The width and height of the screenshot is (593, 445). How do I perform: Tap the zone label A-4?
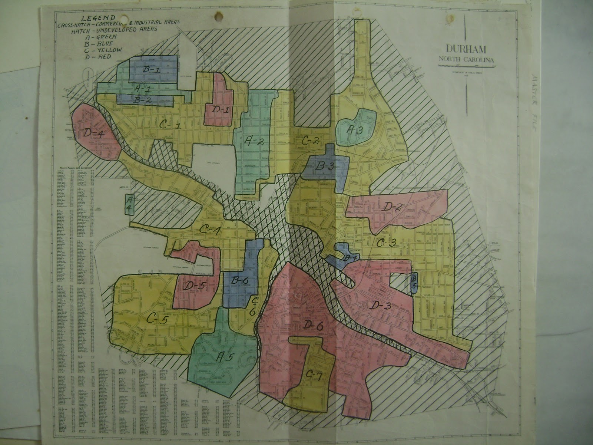click(129, 205)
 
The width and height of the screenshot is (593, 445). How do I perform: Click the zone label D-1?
click(220, 109)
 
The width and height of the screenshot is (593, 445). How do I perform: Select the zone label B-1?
click(150, 69)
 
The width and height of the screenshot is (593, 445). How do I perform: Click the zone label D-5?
click(193, 286)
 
